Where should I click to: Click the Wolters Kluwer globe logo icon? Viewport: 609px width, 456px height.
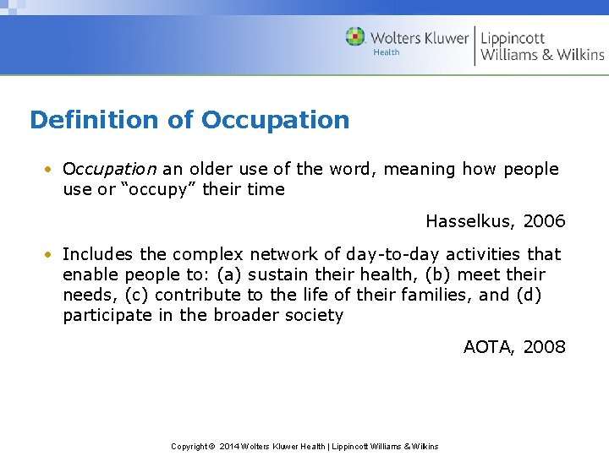coord(355,37)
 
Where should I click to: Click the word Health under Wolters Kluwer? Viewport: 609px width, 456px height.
coord(387,52)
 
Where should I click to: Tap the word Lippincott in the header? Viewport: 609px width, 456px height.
coord(513,38)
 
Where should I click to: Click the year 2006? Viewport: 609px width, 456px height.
coord(544,221)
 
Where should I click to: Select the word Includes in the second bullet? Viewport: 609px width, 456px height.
coord(96,254)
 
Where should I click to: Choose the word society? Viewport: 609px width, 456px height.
coord(312,316)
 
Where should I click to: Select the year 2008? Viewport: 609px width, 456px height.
coord(544,346)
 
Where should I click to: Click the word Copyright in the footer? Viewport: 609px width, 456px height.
coord(189,446)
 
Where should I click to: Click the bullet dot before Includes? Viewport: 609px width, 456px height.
coord(50,254)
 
